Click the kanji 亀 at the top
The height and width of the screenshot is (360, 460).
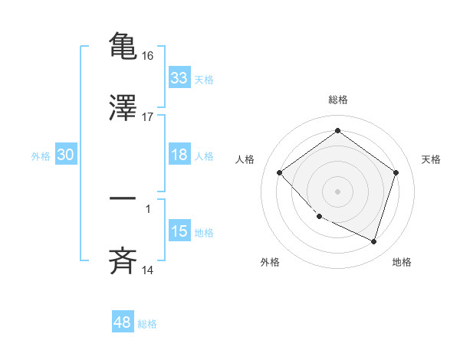tap(123, 44)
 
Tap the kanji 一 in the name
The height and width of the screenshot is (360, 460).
tap(123, 198)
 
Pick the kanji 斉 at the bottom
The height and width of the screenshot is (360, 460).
tap(123, 260)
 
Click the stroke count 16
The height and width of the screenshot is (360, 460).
tap(149, 55)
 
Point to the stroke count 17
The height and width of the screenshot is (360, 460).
tap(149, 117)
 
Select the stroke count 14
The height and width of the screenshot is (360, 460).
tap(149, 270)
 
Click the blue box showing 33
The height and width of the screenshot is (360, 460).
tap(179, 78)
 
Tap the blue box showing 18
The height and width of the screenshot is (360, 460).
tap(179, 155)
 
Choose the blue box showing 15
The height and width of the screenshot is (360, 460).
tap(179, 231)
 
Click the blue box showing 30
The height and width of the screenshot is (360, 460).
tap(66, 155)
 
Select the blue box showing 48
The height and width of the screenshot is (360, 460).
tap(123, 323)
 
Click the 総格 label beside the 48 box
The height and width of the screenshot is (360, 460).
tap(147, 324)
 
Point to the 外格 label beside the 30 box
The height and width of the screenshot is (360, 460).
tap(41, 155)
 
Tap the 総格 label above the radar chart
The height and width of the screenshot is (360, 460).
tap(337, 100)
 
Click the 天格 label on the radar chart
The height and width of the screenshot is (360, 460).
tap(431, 159)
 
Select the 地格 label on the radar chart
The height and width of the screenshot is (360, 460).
tap(402, 262)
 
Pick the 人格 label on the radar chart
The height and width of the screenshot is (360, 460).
tap(245, 159)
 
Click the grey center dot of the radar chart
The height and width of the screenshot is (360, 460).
tap(337, 191)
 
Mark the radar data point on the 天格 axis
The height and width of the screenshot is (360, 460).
tap(396, 172)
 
